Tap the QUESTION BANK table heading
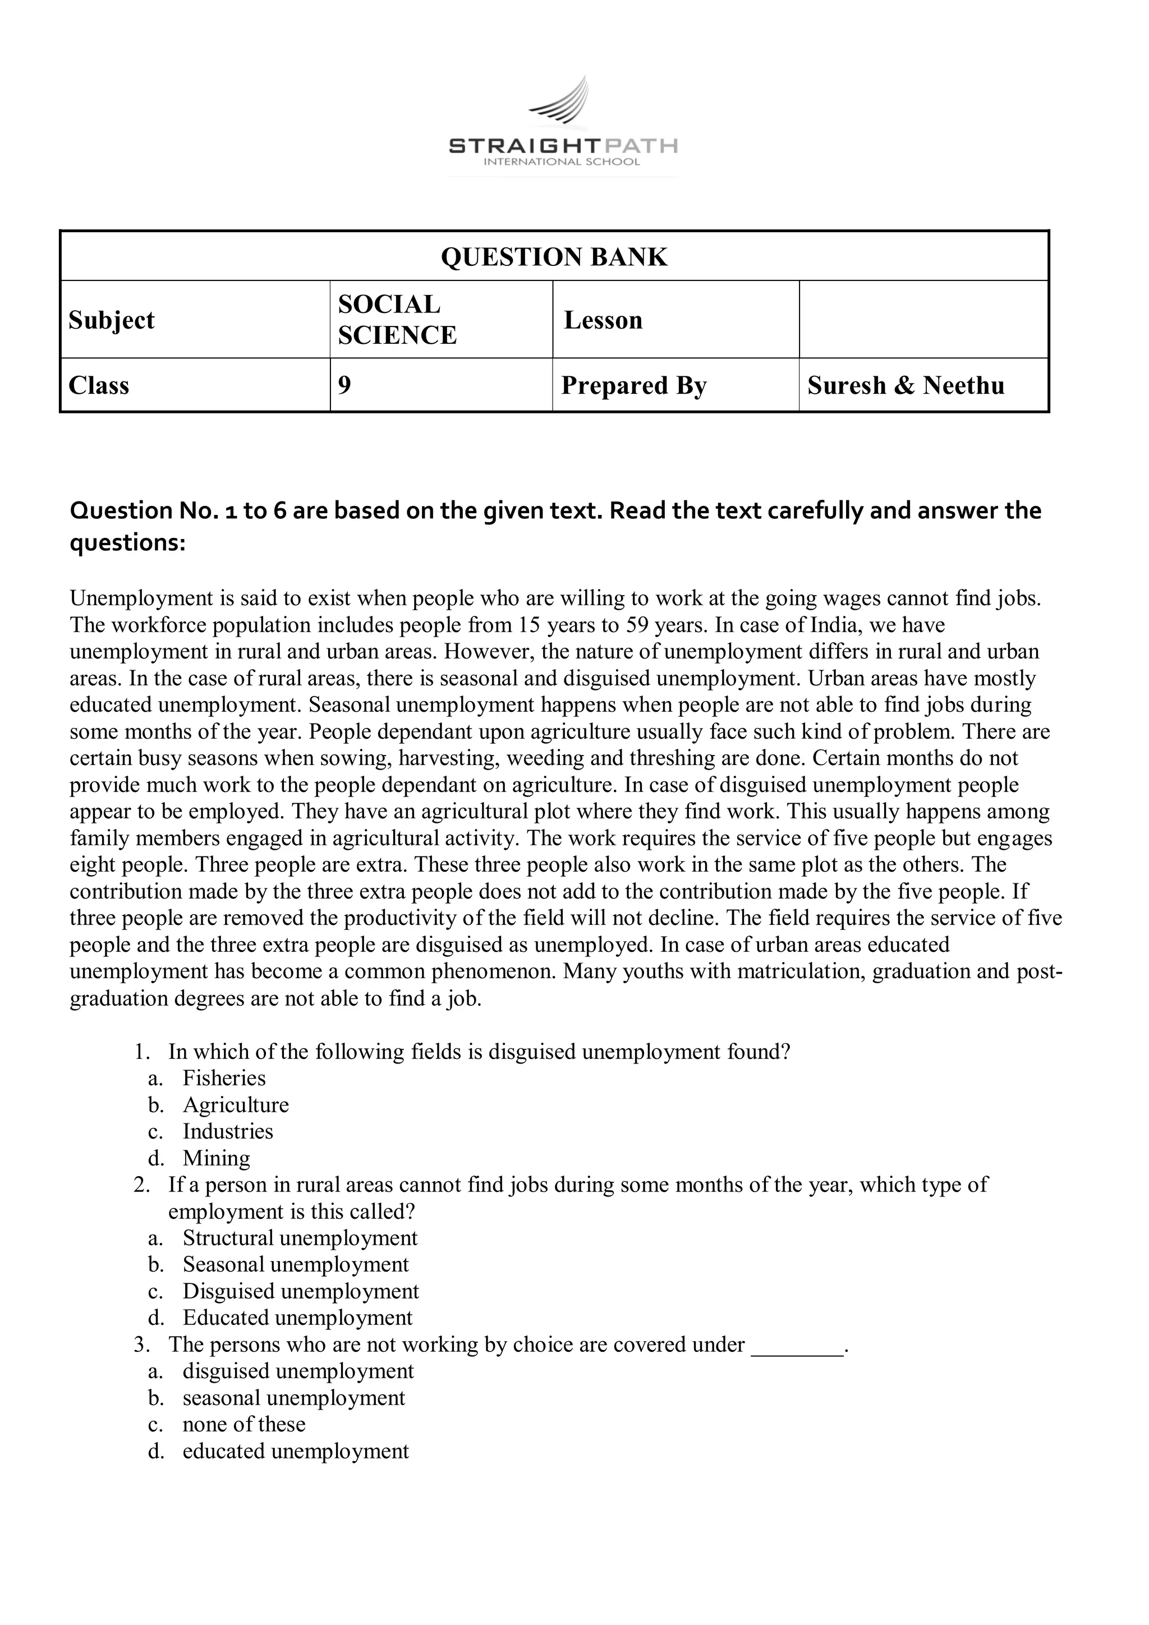(x=554, y=257)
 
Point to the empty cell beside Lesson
(x=922, y=320)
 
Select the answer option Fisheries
(x=224, y=1078)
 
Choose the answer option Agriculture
(x=236, y=1105)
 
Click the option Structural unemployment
(x=300, y=1238)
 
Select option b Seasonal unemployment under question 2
(x=295, y=1265)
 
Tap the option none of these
(x=243, y=1425)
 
